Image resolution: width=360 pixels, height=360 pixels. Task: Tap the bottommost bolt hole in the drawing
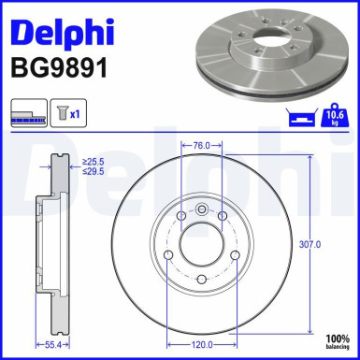click(199, 278)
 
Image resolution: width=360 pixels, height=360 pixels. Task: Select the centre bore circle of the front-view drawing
click(199, 242)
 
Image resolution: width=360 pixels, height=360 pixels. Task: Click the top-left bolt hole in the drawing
click(178, 217)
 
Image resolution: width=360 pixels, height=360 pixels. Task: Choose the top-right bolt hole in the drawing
click(221, 217)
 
